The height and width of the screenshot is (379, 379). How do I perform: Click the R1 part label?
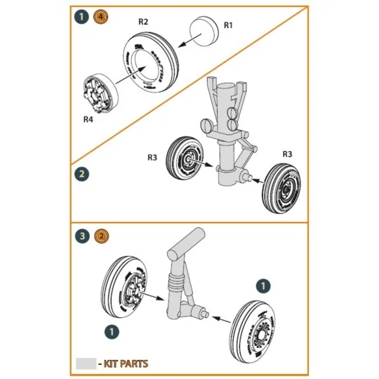click(228, 25)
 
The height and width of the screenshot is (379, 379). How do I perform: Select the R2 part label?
click(143, 22)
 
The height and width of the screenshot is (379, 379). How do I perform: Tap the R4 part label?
click(88, 119)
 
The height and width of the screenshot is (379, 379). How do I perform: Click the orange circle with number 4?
click(98, 16)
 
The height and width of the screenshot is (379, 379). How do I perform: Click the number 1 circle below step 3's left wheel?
click(111, 330)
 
